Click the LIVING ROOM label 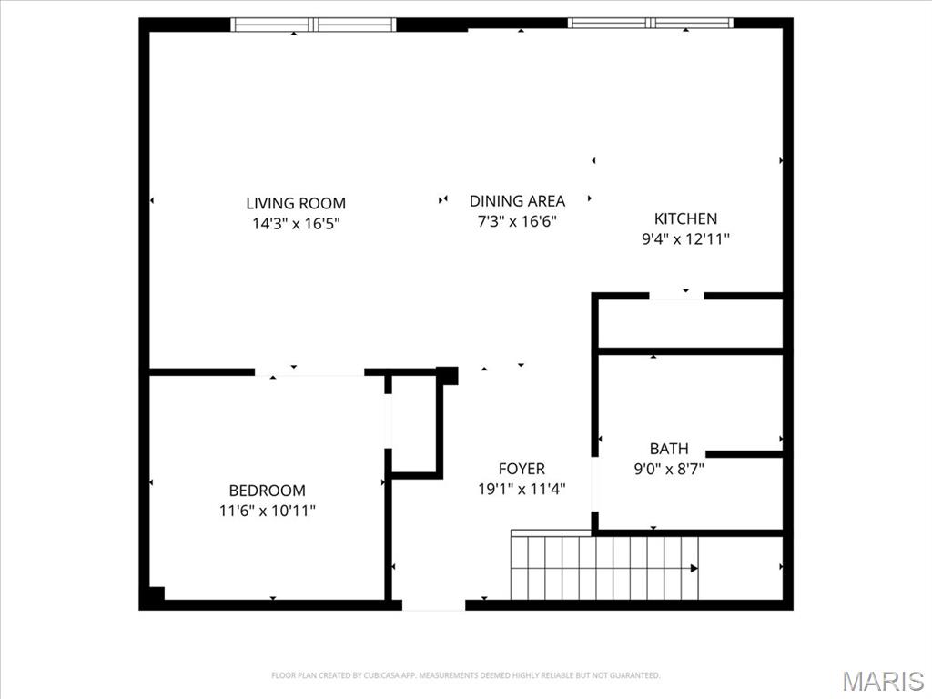coord(296,203)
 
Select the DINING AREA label coord(517,200)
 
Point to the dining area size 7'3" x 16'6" coord(517,221)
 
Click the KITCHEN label coord(685,218)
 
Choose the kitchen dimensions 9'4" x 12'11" coord(685,239)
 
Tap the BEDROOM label coord(267,490)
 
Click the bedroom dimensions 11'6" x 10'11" coord(267,511)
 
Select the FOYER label coord(522,469)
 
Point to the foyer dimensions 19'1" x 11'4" coord(522,489)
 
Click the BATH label coord(669,449)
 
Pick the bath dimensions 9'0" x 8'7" coord(669,470)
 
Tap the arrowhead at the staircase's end coord(694,568)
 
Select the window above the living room coord(314,25)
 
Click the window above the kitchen coord(651,23)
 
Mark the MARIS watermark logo coord(882,681)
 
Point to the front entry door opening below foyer coord(433,604)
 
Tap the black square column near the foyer coord(447,375)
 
